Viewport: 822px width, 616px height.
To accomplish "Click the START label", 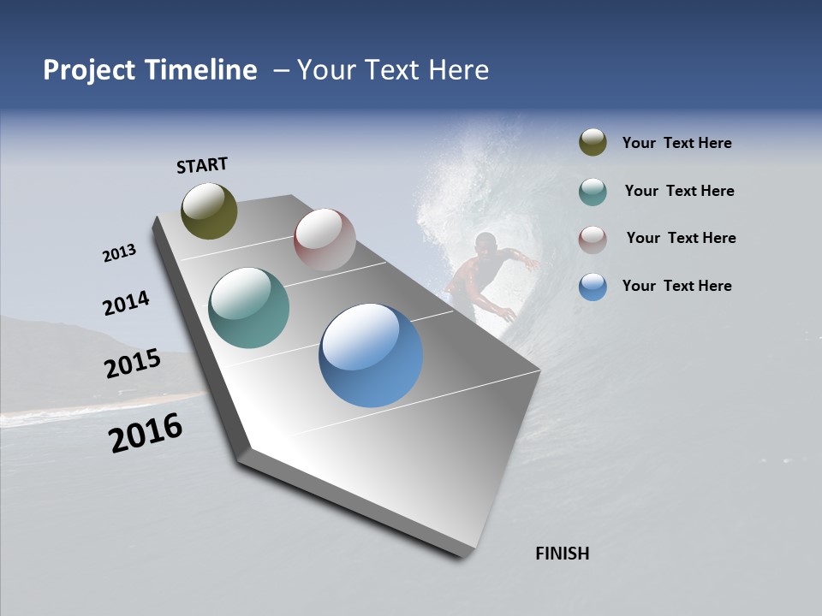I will pos(202,165).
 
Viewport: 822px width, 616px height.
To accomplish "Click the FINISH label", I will pos(562,554).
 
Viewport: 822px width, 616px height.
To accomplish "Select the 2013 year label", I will pos(119,253).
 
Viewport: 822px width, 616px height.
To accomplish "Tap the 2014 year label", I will pos(126,304).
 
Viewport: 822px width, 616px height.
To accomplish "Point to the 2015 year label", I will pos(132,364).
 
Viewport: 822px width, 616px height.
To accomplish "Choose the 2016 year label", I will pos(146,433).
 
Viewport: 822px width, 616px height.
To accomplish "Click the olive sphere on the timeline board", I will pos(209,210).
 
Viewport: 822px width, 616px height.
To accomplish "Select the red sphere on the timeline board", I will pos(325,240).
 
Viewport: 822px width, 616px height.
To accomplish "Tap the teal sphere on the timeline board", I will pos(248,308).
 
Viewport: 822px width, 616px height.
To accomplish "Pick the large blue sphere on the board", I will pos(371,355).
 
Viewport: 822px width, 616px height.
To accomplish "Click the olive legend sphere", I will pos(593,143).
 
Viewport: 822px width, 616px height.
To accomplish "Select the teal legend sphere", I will pos(593,192).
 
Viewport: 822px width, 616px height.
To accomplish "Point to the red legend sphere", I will pos(593,240).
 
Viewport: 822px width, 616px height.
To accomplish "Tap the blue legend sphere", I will pos(593,287).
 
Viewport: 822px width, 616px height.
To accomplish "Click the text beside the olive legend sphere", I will pos(676,144).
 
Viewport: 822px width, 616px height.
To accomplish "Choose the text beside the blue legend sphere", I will pos(676,286).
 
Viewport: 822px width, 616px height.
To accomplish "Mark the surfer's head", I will pos(485,243).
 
